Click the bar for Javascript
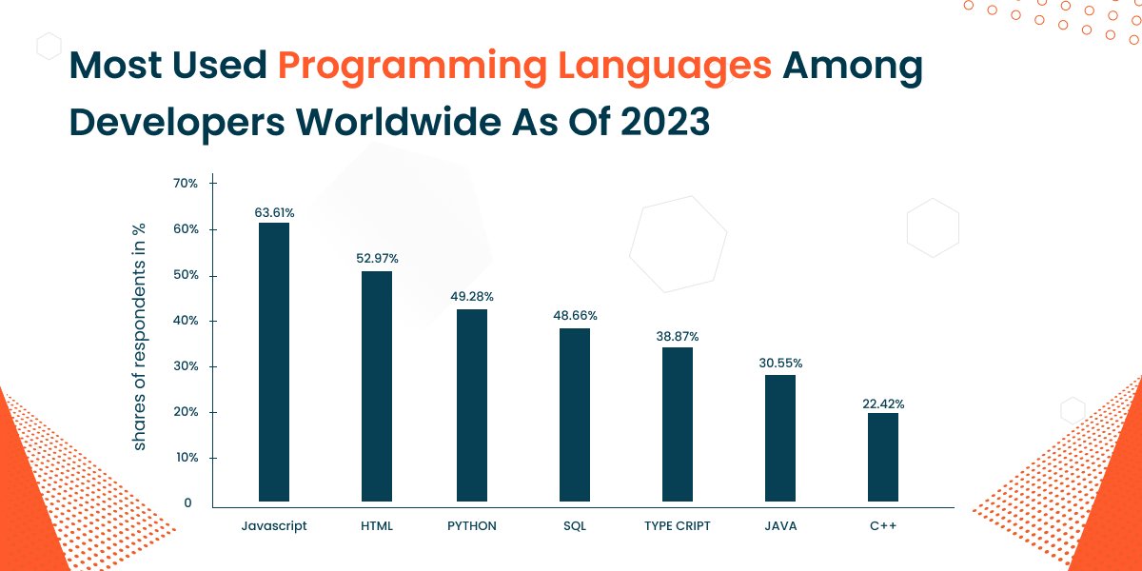pos(274,362)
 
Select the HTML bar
pos(377,386)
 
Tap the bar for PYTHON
pos(472,405)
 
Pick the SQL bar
pos(575,415)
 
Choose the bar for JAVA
pos(780,438)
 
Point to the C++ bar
pos(883,457)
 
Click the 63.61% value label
pos(274,212)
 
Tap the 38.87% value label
pos(678,337)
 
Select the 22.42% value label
pos(883,404)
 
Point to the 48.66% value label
pos(575,315)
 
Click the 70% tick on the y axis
pos(185,183)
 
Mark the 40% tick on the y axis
pos(185,321)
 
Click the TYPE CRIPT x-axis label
pos(678,526)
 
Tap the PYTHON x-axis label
pos(472,526)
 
